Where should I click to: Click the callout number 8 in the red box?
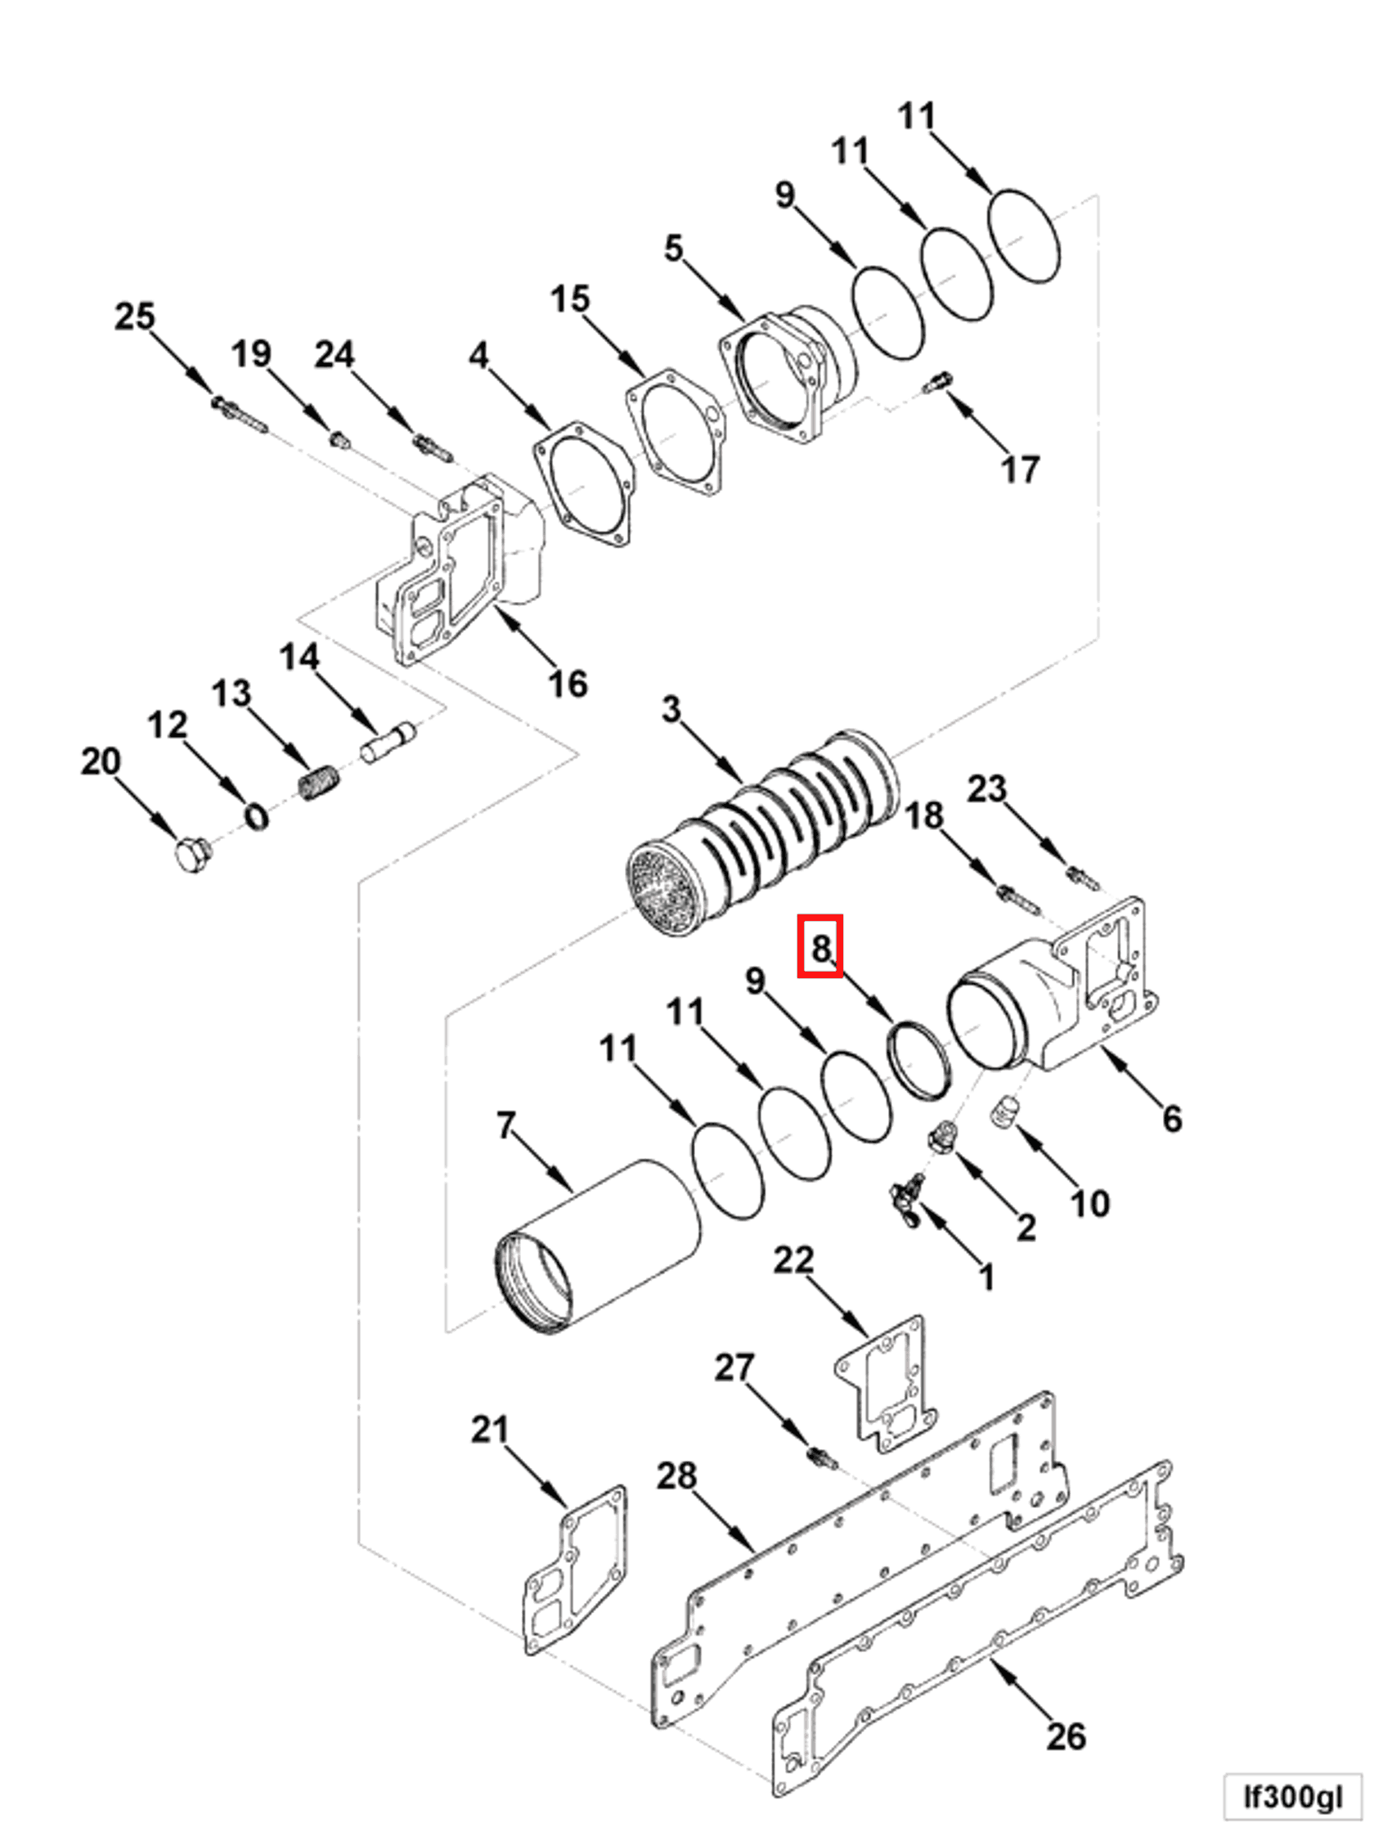[820, 946]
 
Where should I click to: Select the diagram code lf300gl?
[1292, 1797]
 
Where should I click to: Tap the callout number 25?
[134, 317]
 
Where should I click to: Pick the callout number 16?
[568, 684]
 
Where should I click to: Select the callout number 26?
[1065, 1736]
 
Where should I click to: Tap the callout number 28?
[676, 1476]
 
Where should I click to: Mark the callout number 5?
[673, 248]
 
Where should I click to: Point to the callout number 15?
[570, 299]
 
